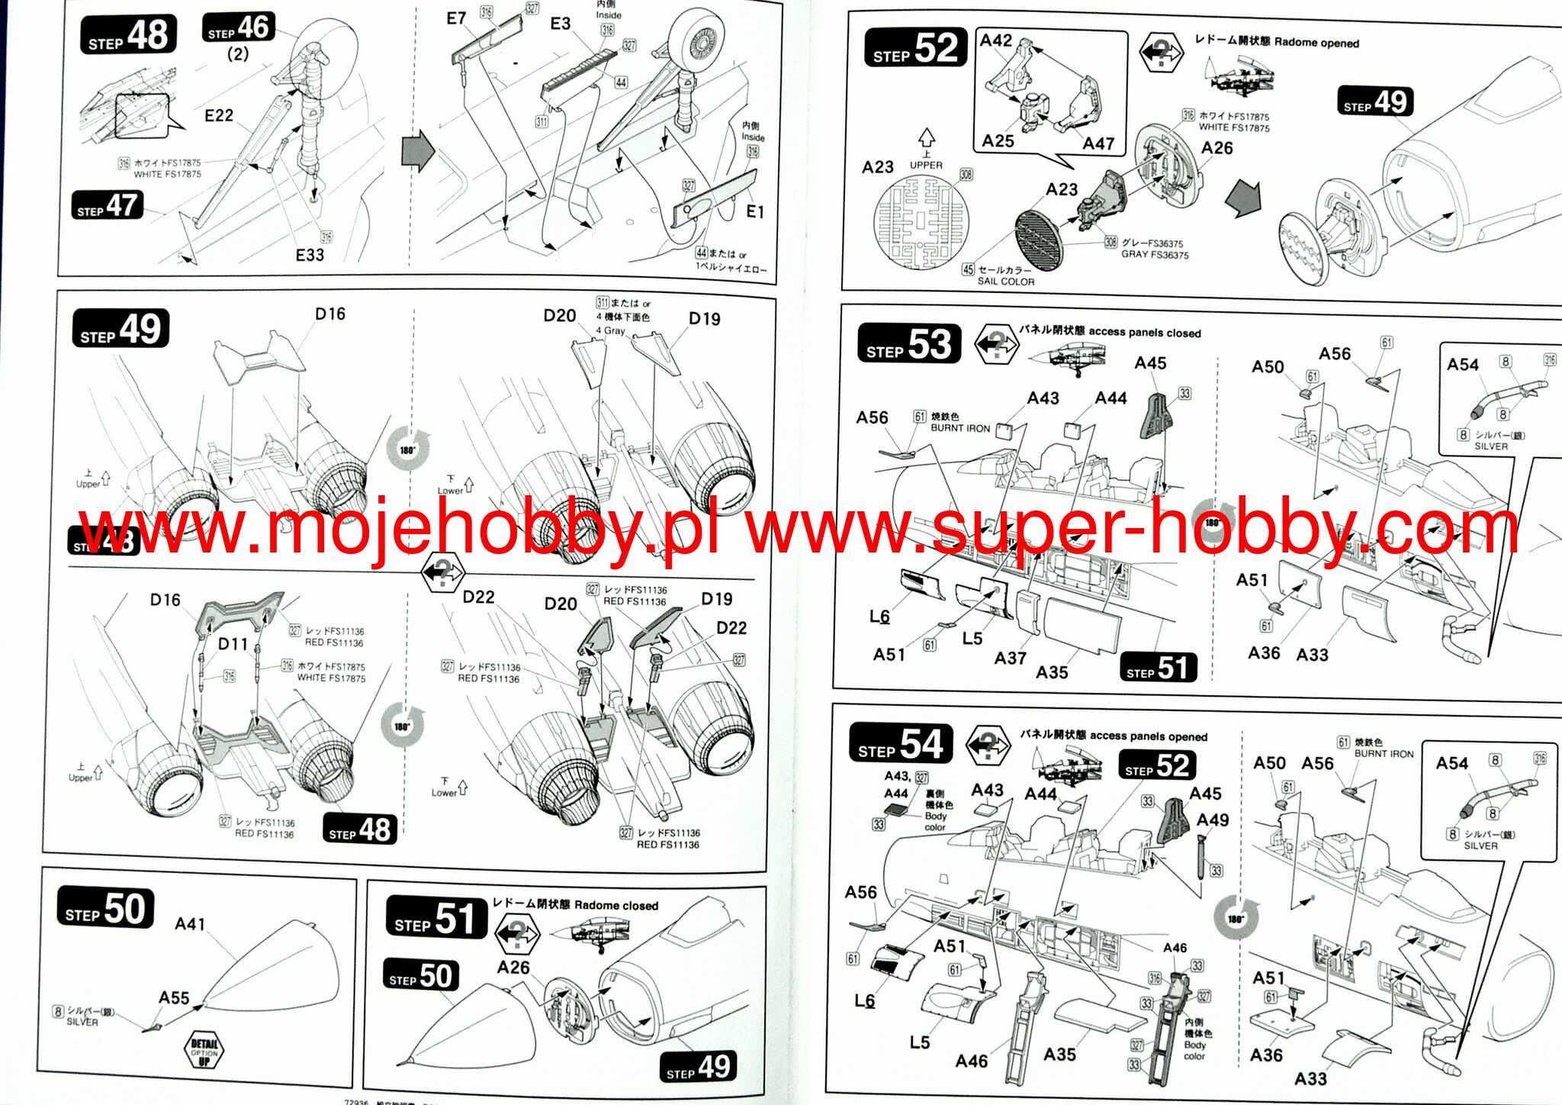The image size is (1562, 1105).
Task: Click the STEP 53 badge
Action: click(x=908, y=344)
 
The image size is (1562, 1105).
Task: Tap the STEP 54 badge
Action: click(x=901, y=744)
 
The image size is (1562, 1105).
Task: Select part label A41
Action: click(x=190, y=924)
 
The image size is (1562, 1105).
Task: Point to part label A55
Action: click(x=174, y=998)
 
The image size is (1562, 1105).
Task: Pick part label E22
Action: click(x=219, y=115)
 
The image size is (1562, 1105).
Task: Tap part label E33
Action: click(x=310, y=255)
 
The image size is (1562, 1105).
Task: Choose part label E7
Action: click(x=456, y=18)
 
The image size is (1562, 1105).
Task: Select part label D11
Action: click(x=233, y=644)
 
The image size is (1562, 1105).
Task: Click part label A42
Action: click(x=996, y=40)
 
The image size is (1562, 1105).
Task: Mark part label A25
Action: click(x=998, y=141)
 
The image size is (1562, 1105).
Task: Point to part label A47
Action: click(x=1098, y=143)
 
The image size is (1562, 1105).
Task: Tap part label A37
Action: click(x=1010, y=658)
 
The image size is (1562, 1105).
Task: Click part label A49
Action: click(x=1213, y=820)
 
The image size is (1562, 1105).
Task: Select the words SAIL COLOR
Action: click(x=1006, y=282)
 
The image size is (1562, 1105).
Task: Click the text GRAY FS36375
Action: click(x=1155, y=255)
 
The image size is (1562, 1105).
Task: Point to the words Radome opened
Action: click(x=1316, y=43)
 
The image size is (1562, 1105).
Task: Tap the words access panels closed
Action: click(x=1145, y=333)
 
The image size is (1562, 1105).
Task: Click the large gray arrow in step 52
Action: click(x=1243, y=199)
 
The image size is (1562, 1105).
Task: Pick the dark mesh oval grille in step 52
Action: click(x=1038, y=240)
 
